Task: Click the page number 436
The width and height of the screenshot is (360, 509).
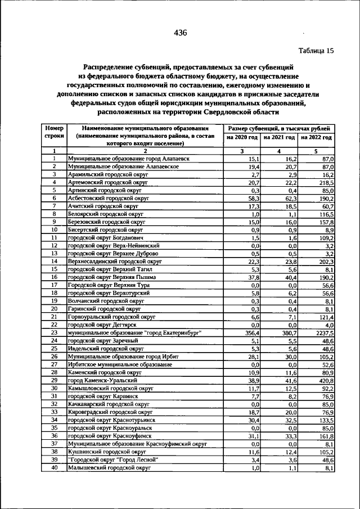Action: [180, 33]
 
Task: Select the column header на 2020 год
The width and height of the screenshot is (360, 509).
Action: [242, 137]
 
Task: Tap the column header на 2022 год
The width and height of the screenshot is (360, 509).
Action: [316, 137]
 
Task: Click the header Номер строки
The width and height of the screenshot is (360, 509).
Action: [54, 133]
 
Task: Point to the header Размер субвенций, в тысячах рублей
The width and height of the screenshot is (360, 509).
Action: [279, 129]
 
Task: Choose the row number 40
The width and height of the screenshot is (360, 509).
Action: [54, 467]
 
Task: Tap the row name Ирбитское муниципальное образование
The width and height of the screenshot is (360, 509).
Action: [120, 364]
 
